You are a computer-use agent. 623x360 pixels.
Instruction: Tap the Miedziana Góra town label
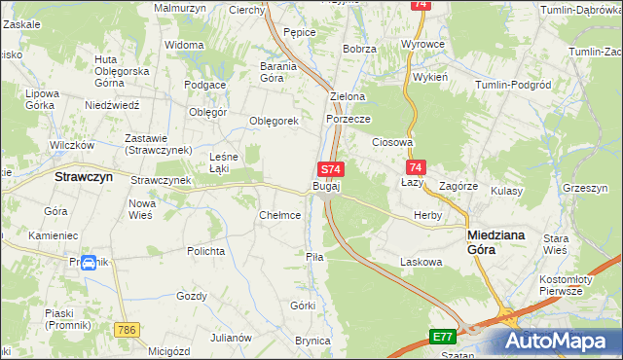499,241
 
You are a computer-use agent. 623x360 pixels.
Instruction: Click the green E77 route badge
444,337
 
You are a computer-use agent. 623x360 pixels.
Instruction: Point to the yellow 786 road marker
124,331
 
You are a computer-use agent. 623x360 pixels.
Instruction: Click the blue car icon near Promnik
89,263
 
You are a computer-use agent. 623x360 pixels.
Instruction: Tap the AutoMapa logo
559,340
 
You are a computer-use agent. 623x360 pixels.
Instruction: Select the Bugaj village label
326,185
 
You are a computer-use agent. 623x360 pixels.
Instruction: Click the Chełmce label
279,215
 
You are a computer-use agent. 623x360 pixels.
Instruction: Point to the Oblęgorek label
273,121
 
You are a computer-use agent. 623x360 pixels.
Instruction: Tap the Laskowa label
421,262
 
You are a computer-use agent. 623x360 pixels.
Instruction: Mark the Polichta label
206,251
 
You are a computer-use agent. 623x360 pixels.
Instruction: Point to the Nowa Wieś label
142,209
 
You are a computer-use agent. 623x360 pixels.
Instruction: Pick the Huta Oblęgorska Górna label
122,71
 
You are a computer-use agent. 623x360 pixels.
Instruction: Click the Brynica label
313,341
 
